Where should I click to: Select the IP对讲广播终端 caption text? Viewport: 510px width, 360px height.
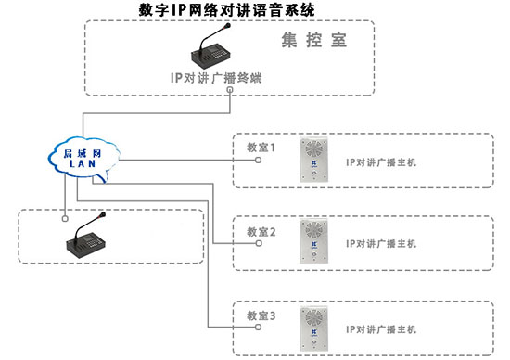click(216, 78)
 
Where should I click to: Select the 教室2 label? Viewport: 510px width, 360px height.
click(261, 231)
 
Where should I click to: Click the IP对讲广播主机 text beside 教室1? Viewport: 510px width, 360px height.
click(381, 161)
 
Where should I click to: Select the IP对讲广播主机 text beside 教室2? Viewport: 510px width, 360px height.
click(381, 244)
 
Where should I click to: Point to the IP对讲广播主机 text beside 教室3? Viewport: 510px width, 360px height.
click(381, 329)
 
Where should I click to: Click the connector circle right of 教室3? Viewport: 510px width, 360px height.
click(260, 328)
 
